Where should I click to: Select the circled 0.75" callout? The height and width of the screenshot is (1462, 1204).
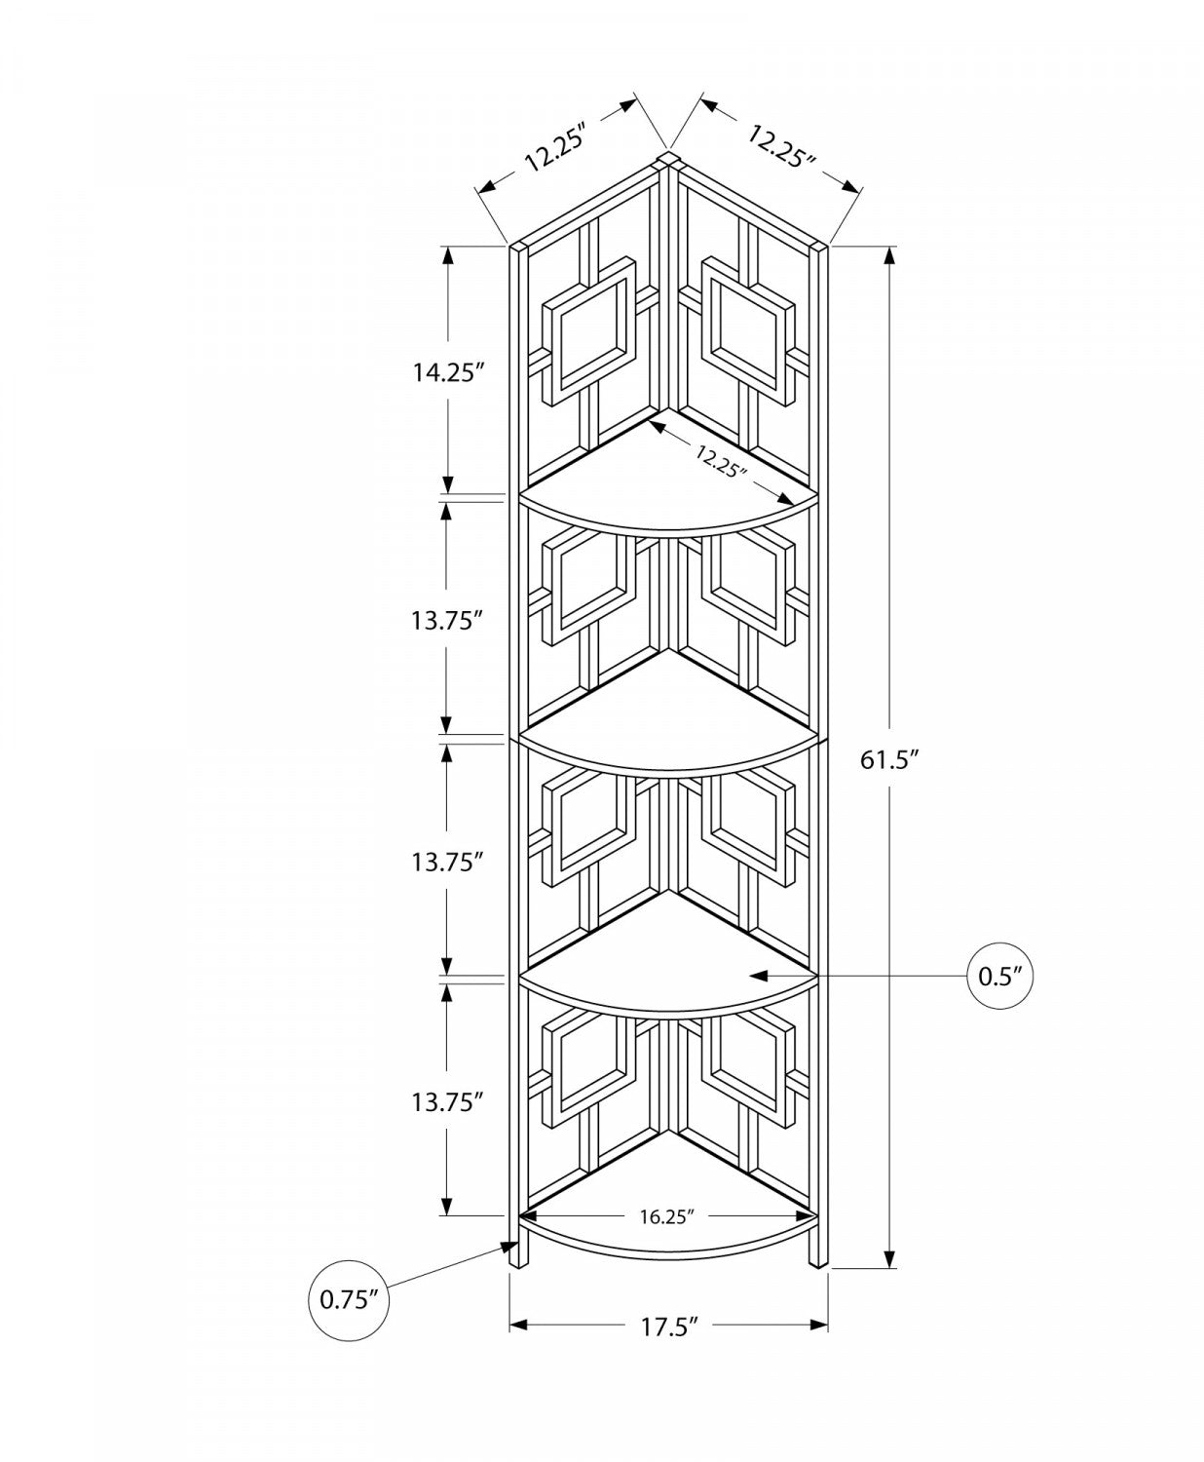pyautogui.click(x=348, y=1299)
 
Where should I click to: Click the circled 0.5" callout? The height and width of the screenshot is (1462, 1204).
pyautogui.click(x=1000, y=975)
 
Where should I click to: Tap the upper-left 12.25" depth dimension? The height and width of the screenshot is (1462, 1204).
pyautogui.click(x=559, y=148)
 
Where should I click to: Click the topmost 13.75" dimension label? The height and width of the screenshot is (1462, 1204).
pyautogui.click(x=448, y=620)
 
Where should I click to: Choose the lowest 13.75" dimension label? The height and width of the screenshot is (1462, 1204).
pyautogui.click(x=448, y=1102)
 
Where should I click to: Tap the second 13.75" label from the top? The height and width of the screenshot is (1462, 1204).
pyautogui.click(x=448, y=862)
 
